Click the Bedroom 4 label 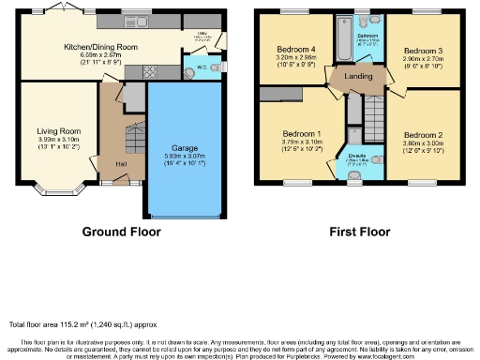pyautogui.click(x=295, y=50)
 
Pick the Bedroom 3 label pyautogui.click(x=422, y=50)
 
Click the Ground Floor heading pyautogui.click(x=122, y=231)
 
